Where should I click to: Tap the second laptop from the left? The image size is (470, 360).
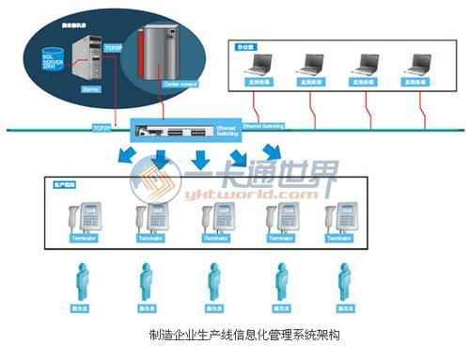click(309, 66)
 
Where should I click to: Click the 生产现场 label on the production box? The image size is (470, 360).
click(67, 183)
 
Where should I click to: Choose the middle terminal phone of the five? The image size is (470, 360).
click(212, 220)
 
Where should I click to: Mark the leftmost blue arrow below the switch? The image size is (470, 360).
click(123, 156)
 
